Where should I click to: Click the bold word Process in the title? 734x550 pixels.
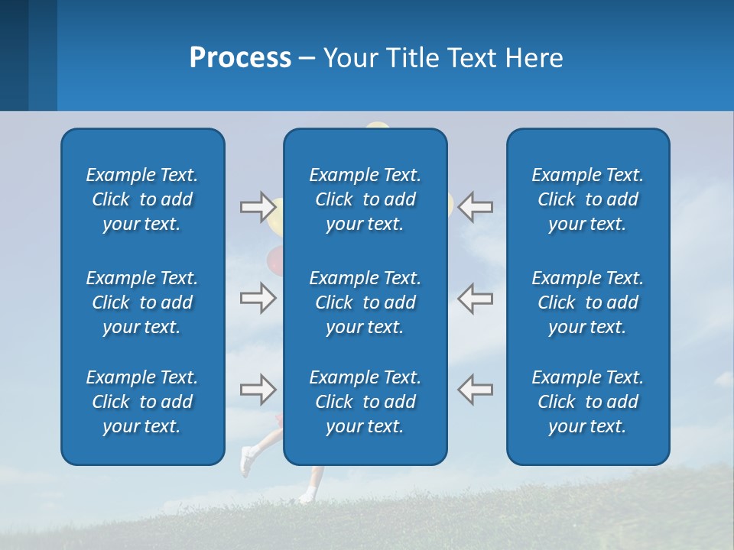point(240,58)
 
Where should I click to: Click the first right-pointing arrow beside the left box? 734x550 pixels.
point(258,206)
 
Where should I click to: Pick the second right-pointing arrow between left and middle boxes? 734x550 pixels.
point(258,298)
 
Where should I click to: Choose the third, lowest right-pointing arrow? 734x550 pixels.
point(258,390)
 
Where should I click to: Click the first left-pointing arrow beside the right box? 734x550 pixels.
point(476,206)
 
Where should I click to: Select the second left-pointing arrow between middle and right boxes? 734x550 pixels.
point(476,298)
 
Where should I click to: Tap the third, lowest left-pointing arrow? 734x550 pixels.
point(476,390)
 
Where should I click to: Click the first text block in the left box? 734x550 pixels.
point(142,199)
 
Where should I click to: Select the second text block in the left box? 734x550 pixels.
point(142,302)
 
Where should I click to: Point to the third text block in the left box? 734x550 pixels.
point(142,402)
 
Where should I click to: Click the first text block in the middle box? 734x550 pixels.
point(365,199)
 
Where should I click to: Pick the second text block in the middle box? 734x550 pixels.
point(365,302)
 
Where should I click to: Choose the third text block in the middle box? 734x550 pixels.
point(365,402)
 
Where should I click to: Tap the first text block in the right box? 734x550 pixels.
point(587,199)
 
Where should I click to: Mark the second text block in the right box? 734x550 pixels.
point(587,302)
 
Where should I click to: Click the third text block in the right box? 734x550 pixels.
point(587,402)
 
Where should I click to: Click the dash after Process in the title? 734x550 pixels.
point(307,59)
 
